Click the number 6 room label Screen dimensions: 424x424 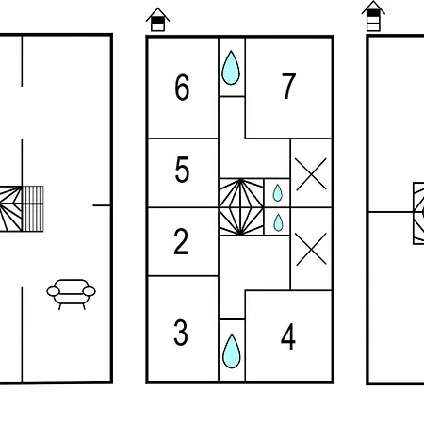pos(182,88)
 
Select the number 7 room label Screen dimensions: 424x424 pos(288,86)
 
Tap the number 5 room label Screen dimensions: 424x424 pos(182,170)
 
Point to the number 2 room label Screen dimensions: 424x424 pos(181,241)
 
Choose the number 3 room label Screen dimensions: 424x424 pos(181,333)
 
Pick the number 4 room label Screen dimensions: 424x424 pos(288,336)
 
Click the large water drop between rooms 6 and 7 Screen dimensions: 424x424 pos(231,68)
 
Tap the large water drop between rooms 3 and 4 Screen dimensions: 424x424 pos(232,351)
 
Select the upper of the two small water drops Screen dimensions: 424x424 pos(278,193)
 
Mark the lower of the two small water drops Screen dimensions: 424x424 pos(278,222)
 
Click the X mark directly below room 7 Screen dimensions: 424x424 pos(311,174)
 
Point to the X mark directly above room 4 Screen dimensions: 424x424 pos(311,249)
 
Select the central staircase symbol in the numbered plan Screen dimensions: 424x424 pos(241,207)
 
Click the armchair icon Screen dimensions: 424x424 pos(72,294)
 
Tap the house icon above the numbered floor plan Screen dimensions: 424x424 pos(157,20)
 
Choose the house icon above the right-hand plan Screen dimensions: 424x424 pos(373,16)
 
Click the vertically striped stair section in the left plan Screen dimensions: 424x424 pos(33,209)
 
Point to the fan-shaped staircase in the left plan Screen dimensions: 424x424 pos(11,209)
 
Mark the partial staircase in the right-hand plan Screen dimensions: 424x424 pos(418,213)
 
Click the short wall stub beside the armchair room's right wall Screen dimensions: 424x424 pos(102,205)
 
